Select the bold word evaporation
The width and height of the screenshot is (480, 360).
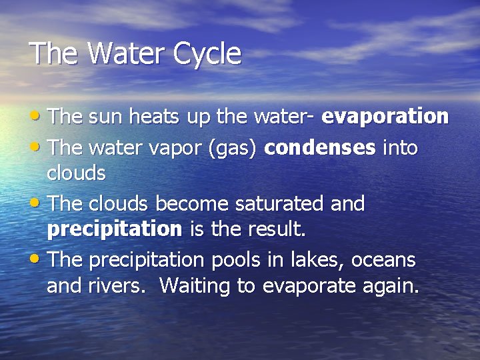(x=385, y=117)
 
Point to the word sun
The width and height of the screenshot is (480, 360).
(x=104, y=117)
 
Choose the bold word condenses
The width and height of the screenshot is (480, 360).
(x=320, y=147)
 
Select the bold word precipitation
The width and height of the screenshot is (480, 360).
(x=114, y=230)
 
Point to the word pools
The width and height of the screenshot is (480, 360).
(x=215, y=259)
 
